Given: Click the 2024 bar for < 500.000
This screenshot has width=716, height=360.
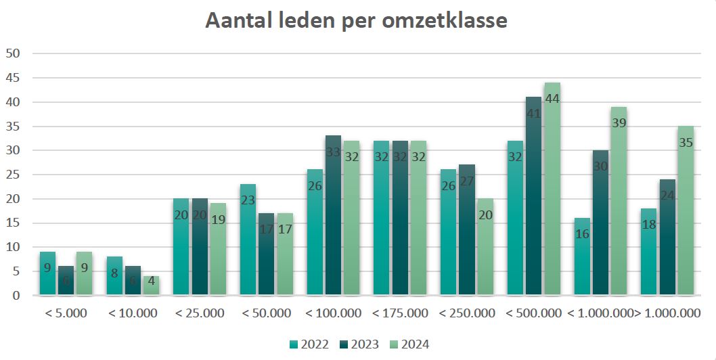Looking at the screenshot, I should tap(552, 189).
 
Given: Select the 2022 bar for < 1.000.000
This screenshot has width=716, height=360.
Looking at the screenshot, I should tap(583, 257).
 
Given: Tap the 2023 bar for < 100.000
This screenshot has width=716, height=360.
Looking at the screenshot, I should tap(333, 217).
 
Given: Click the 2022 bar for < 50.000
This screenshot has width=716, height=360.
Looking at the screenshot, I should tap(248, 240).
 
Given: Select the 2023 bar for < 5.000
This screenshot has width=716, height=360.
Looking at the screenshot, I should tap(66, 281).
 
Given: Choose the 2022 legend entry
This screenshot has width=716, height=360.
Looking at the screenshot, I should tap(310, 344).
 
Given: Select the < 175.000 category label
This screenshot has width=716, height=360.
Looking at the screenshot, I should tap(400, 313).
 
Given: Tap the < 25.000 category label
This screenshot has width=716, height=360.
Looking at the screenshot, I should tap(199, 313).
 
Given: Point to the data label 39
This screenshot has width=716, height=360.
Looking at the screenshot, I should tap(619, 122).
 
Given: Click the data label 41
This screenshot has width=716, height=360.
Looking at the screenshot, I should tap(534, 113).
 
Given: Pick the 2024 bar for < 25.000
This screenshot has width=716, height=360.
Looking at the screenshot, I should tap(218, 250).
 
